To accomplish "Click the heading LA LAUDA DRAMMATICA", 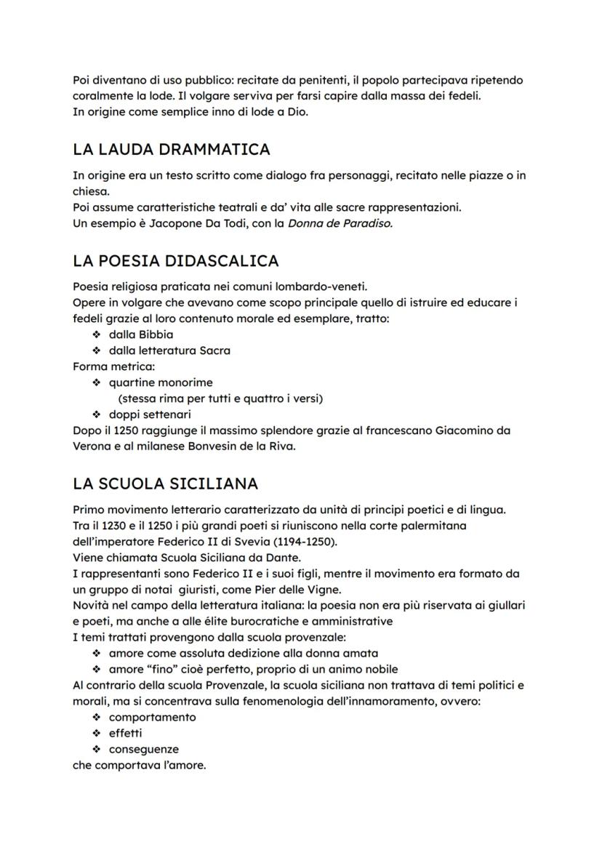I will coord(172,150).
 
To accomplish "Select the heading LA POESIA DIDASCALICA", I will coord(175,260).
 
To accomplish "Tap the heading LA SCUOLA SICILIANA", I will coord(166,484).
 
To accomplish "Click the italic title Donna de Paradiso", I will coord(340,223).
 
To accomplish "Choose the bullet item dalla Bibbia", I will coord(141,334).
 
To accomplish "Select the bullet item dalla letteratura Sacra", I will coord(169,350).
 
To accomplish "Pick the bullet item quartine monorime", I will coord(161,382).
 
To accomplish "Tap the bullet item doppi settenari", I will coord(150,414).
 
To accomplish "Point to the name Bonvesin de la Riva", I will coord(236,446).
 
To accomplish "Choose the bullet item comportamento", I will coord(152,717).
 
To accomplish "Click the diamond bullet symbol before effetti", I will coord(96,733).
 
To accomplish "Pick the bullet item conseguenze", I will coord(144,749).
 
